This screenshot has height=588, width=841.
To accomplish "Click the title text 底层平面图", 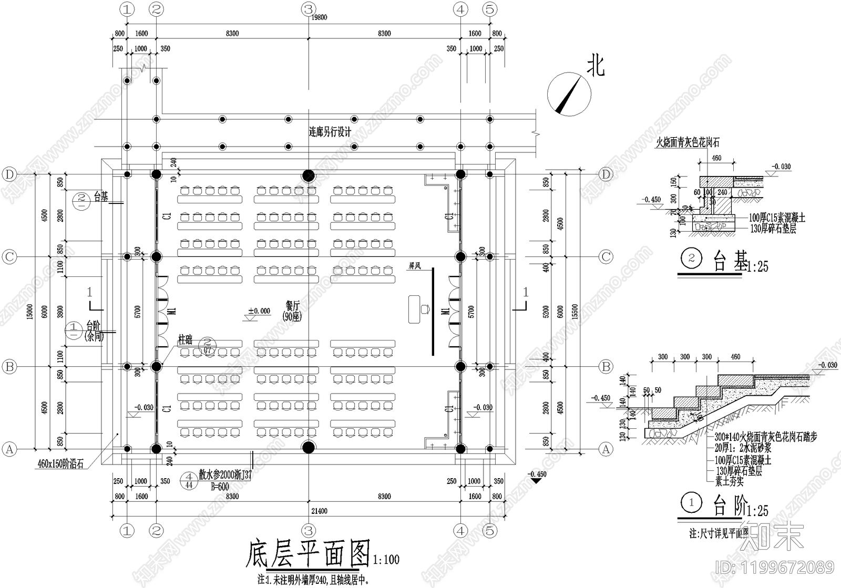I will click(x=308, y=553).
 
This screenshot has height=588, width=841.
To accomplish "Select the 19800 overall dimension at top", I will click(x=319, y=17).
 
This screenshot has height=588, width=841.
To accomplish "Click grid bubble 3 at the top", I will click(x=308, y=9).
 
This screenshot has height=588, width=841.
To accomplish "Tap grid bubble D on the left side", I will click(x=9, y=174).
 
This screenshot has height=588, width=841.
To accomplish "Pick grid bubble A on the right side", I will click(x=606, y=449).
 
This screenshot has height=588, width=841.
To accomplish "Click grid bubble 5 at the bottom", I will click(x=489, y=531).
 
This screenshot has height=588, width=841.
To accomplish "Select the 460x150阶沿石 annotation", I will click(x=60, y=464).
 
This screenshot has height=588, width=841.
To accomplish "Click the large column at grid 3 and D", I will click(x=308, y=174).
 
